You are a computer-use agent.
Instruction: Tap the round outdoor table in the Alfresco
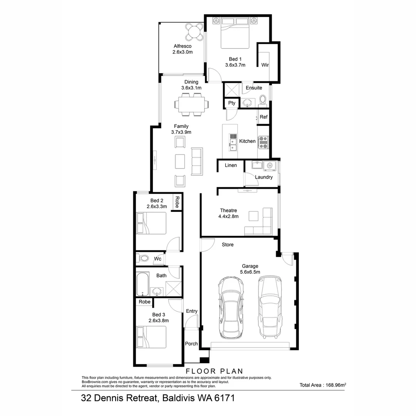194,32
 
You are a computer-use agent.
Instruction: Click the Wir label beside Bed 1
265,65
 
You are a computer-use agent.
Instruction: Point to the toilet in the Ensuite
263,100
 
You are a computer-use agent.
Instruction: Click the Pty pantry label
231,103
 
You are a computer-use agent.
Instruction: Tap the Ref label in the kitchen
263,117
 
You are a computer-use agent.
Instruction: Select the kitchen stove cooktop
263,142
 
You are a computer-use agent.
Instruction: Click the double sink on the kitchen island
233,142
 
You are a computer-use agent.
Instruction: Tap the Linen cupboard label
231,165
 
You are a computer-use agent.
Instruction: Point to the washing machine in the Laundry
270,165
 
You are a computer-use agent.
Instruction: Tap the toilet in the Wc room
144,258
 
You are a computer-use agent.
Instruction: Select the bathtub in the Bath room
143,284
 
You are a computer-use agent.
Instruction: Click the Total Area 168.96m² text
323,385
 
